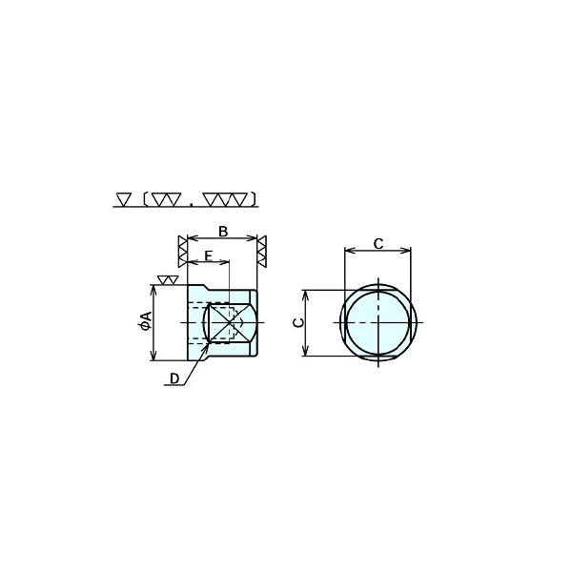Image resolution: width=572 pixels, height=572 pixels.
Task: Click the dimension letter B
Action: click(223, 232)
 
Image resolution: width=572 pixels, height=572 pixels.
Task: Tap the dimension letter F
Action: click(208, 255)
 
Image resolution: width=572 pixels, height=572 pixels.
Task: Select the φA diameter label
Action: click(146, 321)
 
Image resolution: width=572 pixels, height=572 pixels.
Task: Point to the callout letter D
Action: click(174, 378)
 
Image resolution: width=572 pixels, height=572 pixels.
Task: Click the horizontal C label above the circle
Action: click(378, 244)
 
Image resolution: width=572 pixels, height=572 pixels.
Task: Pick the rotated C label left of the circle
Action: click(299, 322)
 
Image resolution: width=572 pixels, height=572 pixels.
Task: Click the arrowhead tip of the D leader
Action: click(210, 342)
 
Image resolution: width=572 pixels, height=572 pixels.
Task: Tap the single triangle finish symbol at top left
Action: click(124, 199)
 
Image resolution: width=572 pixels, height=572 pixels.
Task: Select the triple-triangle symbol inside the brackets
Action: click(225, 199)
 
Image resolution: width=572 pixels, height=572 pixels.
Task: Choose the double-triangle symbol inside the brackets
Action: click(166, 199)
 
